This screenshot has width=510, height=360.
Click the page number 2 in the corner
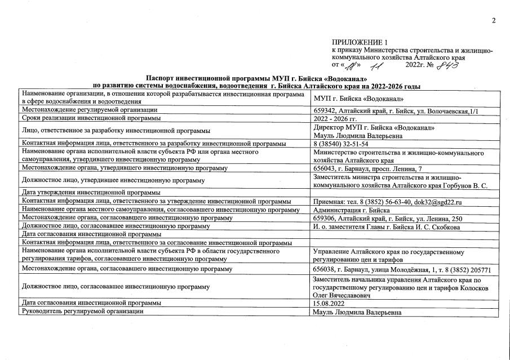[493, 21]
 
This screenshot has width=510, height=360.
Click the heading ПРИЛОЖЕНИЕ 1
[361, 43]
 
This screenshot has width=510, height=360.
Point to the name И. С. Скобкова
[433, 226]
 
